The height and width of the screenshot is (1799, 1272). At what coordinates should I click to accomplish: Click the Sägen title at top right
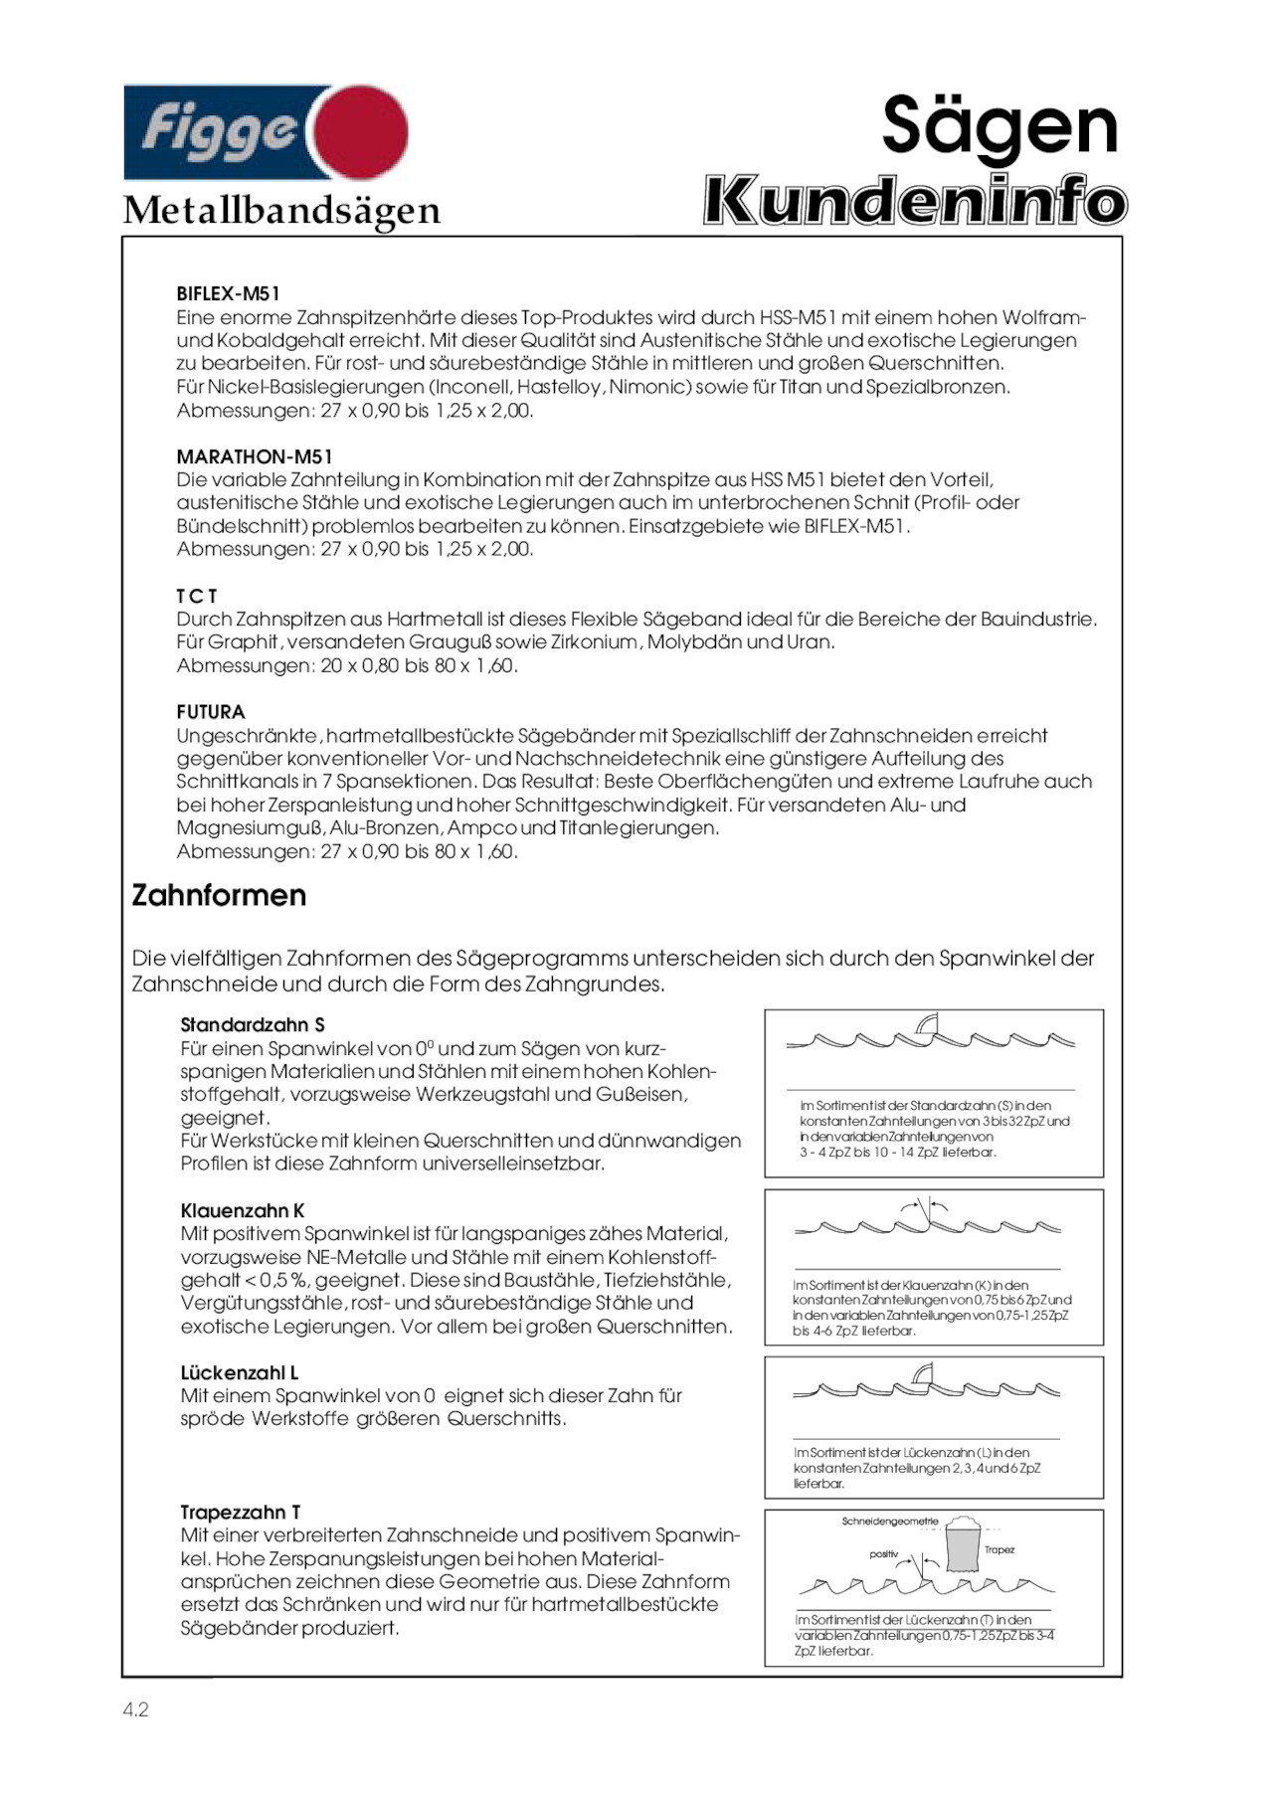point(999,126)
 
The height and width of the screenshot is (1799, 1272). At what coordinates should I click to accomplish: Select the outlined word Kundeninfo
point(915,201)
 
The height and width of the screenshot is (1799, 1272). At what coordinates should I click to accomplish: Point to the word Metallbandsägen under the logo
point(281,210)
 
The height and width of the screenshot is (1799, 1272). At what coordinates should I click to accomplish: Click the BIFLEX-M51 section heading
point(228,293)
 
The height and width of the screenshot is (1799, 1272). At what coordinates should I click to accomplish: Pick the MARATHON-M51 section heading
point(255,456)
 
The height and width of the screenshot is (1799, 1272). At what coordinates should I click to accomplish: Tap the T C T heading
point(197,596)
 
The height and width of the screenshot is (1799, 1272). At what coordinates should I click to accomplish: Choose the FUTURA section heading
point(211,712)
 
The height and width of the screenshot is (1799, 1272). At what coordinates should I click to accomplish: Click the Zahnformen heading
point(219,895)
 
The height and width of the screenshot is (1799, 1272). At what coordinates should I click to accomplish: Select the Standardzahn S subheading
point(253,1025)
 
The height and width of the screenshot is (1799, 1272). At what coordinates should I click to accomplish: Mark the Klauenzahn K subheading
point(243,1211)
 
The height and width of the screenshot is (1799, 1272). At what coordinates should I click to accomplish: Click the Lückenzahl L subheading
point(240,1373)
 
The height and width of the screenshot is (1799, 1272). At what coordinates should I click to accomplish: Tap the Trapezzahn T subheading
point(241,1513)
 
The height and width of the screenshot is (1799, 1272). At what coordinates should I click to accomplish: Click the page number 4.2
point(135,1709)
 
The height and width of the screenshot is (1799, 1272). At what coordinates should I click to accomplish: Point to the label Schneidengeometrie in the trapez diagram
point(890,1522)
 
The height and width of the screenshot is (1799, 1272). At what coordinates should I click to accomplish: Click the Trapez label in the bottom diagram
point(999,1549)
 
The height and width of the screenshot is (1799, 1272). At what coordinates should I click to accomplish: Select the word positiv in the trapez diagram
point(883,1554)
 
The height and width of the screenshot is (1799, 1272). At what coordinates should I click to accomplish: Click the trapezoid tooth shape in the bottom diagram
point(962,1547)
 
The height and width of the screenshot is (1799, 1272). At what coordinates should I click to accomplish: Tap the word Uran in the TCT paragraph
point(811,642)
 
